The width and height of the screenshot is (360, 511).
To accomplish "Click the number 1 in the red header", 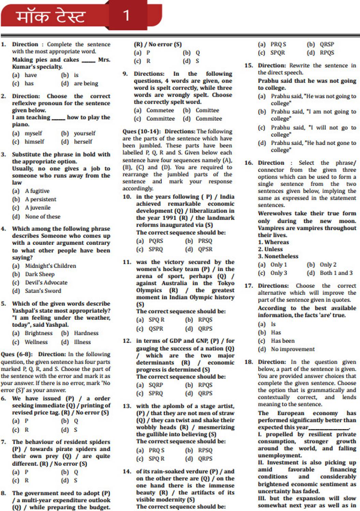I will pyautogui.click(x=126, y=15).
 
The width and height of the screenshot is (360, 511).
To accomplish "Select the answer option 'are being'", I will pyautogui.click(x=86, y=83).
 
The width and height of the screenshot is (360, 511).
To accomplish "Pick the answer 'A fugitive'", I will pyautogui.click(x=37, y=191).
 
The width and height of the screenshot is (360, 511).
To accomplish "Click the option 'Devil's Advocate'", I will pyautogui.click(x=46, y=282).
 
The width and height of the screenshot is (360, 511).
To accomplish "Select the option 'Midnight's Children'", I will pyautogui.click(x=50, y=266).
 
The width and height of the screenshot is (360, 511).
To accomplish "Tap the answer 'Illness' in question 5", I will pyautogui.click(x=82, y=342).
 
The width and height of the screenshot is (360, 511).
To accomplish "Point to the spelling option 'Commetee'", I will pyautogui.click(x=160, y=110).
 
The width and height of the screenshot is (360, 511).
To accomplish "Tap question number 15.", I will pyautogui.click(x=249, y=65).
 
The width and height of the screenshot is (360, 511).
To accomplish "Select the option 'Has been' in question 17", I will pyautogui.click(x=283, y=341).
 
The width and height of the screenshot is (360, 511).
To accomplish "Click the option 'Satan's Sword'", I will pyautogui.click(x=43, y=291).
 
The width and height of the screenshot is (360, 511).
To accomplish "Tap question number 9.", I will pyautogui.click(x=125, y=74).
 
